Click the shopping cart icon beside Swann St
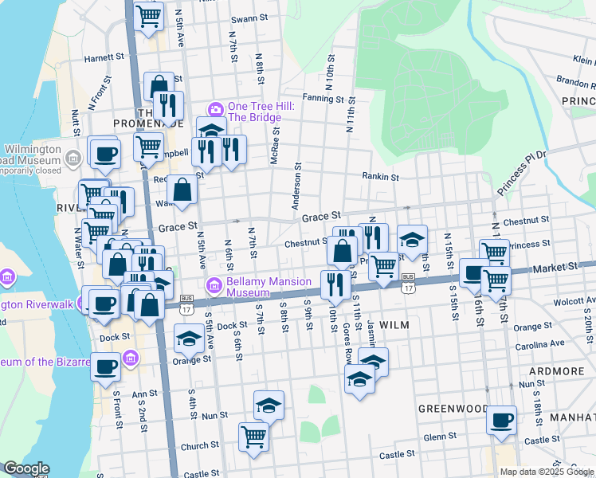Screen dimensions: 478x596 pyautogui.click(x=149, y=16)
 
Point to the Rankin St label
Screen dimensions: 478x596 pyautogui.click(x=379, y=177)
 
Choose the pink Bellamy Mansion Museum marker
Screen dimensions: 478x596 pyautogui.click(x=214, y=285)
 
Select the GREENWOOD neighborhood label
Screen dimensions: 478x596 pyautogui.click(x=453, y=408)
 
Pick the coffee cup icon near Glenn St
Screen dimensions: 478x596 pyautogui.click(x=501, y=420)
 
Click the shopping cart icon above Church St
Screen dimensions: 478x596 pyautogui.click(x=253, y=436)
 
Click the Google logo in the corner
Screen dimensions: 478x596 pyautogui.click(x=26, y=468)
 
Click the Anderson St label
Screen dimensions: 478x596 pyautogui.click(x=299, y=187)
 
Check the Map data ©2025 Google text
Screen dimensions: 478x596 pyautogui.click(x=546, y=472)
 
